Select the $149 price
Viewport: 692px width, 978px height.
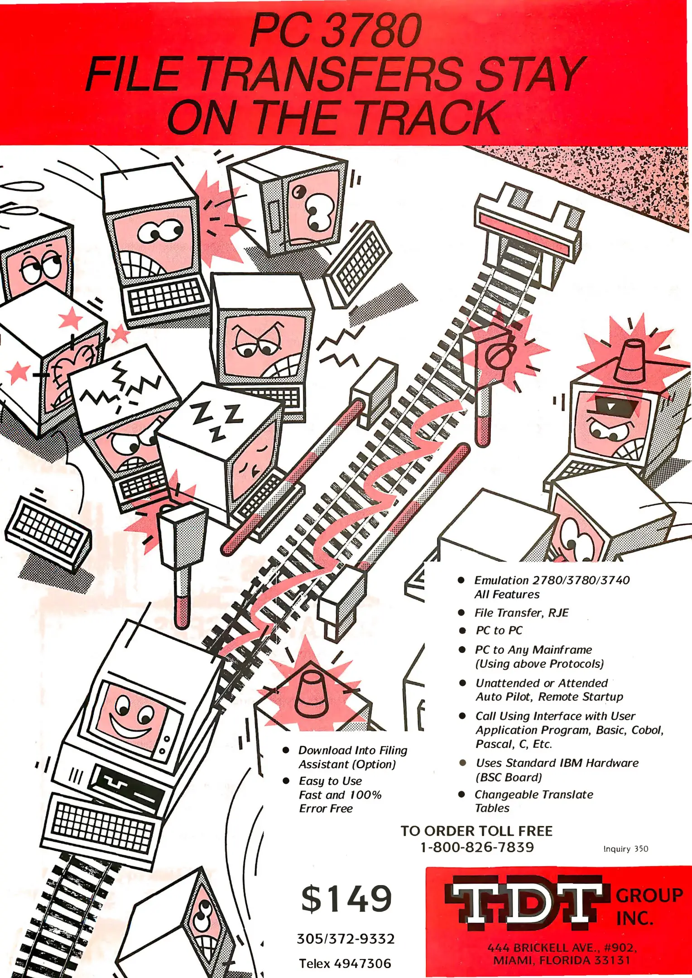click(346, 899)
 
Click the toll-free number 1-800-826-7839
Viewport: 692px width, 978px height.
click(477, 847)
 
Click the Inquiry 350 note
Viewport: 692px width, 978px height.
click(625, 849)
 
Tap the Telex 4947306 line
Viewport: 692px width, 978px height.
click(345, 964)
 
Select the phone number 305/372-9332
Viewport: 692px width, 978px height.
click(346, 939)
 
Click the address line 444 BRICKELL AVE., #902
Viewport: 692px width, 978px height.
click(562, 947)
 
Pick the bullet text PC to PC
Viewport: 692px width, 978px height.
click(499, 630)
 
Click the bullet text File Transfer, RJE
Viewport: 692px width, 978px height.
click(521, 613)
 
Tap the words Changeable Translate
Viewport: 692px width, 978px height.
click(533, 795)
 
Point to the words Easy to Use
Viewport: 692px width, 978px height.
click(330, 781)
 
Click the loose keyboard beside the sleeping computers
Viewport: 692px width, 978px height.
click(48, 532)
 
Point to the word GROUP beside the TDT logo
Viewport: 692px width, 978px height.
click(649, 896)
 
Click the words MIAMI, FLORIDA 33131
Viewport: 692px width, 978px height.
click(562, 960)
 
